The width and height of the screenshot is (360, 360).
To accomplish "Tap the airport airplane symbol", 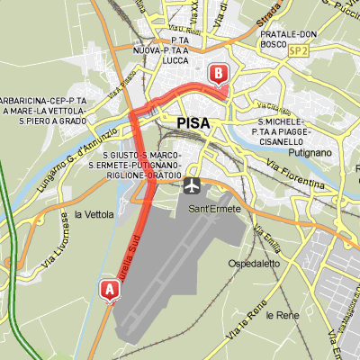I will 192,184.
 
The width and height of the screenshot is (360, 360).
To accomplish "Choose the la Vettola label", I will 94,214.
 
